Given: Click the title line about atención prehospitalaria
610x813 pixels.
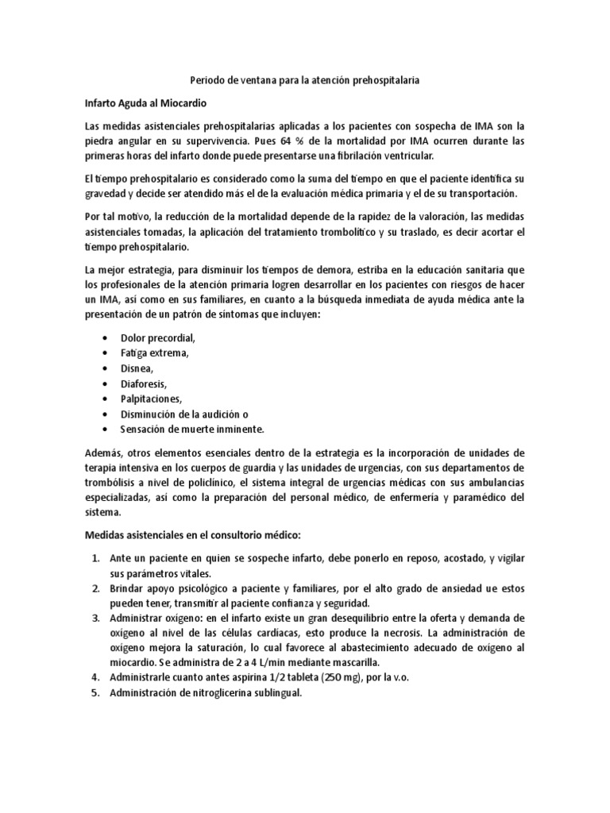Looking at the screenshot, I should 305,81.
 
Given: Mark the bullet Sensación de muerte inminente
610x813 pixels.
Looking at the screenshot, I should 191,429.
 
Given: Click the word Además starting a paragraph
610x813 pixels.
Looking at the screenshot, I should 102,453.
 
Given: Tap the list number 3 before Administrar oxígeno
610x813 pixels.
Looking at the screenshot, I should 94,618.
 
